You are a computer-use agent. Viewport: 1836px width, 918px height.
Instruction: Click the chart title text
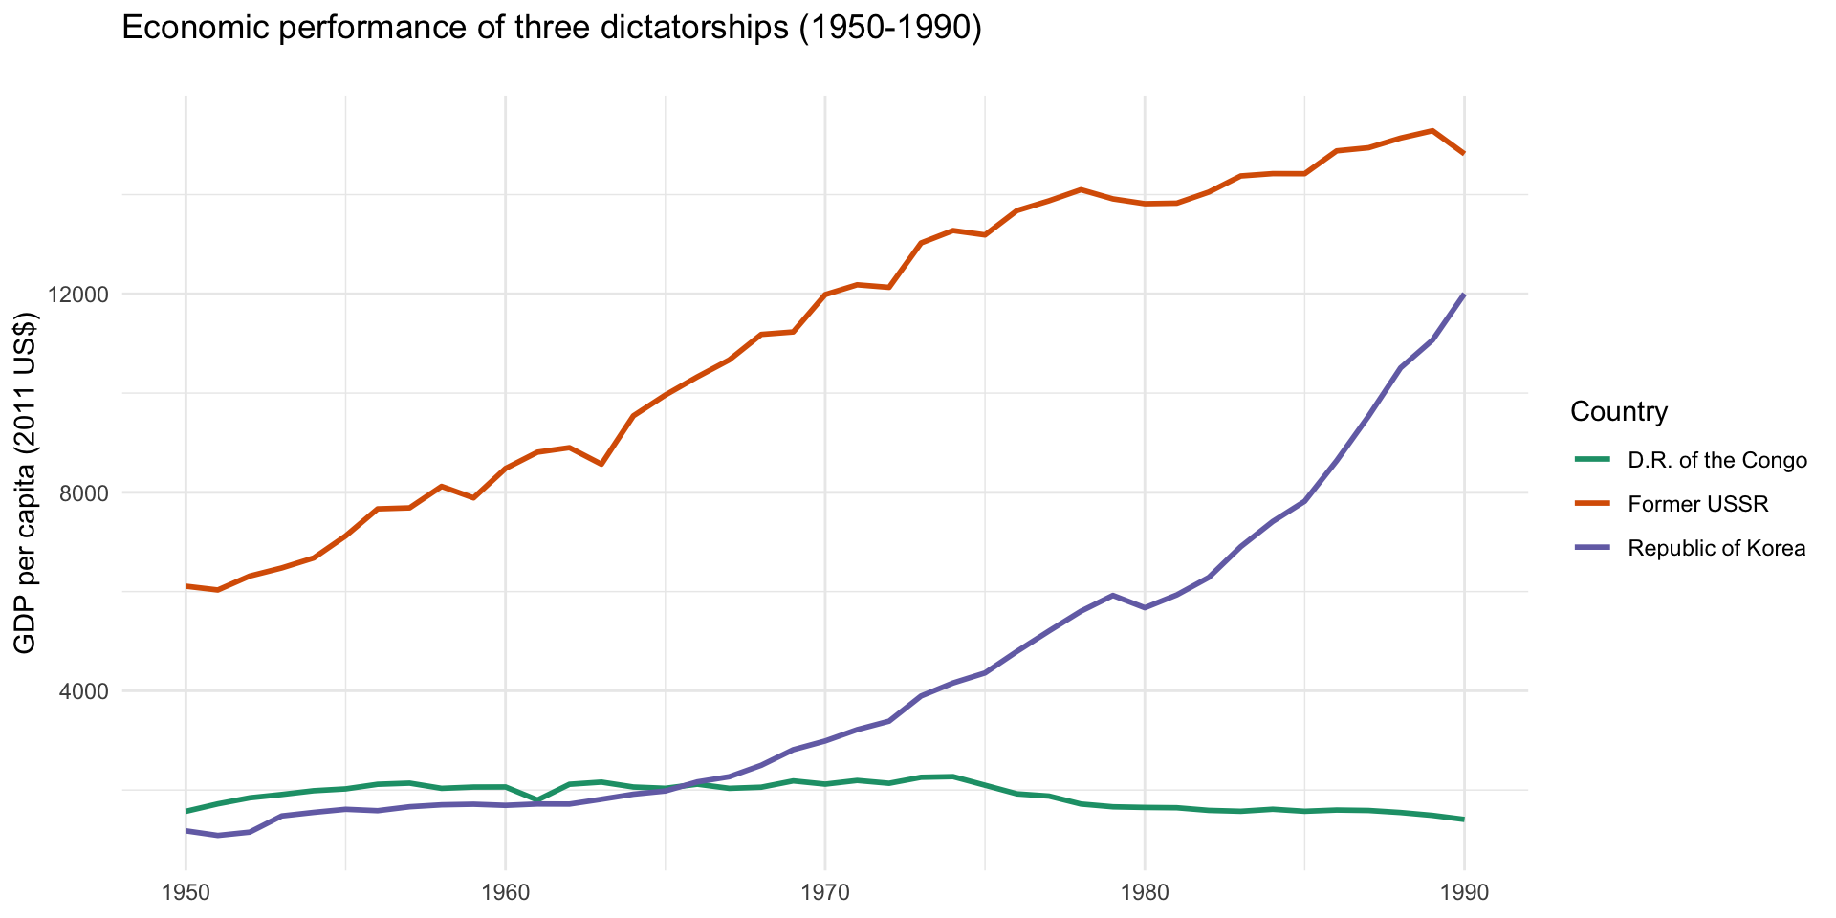[x=552, y=29]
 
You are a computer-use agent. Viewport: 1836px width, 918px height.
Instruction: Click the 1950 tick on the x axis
[x=186, y=894]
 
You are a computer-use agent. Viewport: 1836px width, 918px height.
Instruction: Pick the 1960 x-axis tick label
[x=505, y=894]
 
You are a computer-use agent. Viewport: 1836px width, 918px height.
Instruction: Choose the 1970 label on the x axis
[x=824, y=894]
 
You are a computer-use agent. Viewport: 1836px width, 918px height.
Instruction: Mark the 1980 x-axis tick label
[x=1144, y=894]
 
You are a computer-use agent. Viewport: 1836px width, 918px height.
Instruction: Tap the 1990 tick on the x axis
[x=1463, y=894]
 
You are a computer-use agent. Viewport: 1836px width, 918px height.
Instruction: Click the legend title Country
[x=1619, y=412]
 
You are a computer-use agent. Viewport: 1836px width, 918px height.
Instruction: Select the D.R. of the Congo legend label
[x=1717, y=460]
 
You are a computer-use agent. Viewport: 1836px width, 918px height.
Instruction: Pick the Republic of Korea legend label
[x=1716, y=548]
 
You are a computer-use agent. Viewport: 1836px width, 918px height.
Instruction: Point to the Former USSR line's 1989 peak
[x=1432, y=131]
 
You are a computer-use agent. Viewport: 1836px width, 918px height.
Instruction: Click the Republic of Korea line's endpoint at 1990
[x=1463, y=295]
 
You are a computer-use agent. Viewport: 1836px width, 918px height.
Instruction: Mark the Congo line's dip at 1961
[x=537, y=799]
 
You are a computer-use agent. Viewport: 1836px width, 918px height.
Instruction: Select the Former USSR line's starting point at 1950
[x=186, y=586]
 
